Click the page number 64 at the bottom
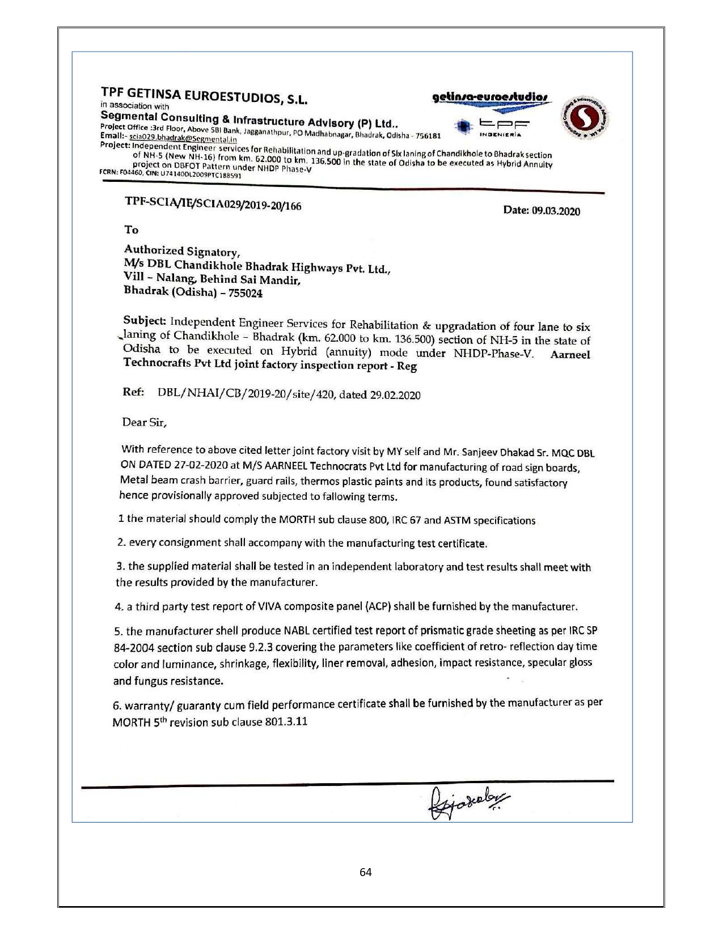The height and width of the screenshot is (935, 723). pyautogui.click(x=366, y=872)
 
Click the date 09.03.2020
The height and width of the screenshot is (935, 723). pyautogui.click(x=555, y=211)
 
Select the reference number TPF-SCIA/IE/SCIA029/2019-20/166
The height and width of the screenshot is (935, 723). pyautogui.click(x=213, y=203)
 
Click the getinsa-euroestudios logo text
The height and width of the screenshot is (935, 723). pyautogui.click(x=491, y=98)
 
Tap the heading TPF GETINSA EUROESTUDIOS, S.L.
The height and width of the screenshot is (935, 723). pyautogui.click(x=204, y=96)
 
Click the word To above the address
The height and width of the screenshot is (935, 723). pyautogui.click(x=132, y=229)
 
